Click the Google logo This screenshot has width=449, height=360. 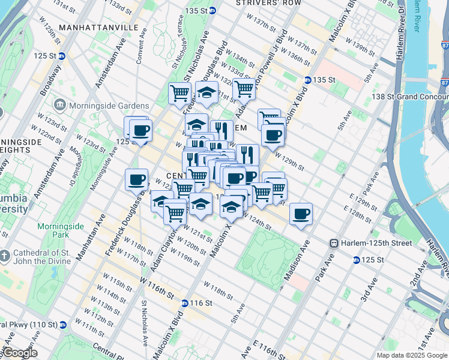(20, 353)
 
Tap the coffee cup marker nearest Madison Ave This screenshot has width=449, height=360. (301, 214)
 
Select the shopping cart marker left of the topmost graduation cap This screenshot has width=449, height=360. (180, 94)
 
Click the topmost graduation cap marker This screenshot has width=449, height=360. (206, 93)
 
